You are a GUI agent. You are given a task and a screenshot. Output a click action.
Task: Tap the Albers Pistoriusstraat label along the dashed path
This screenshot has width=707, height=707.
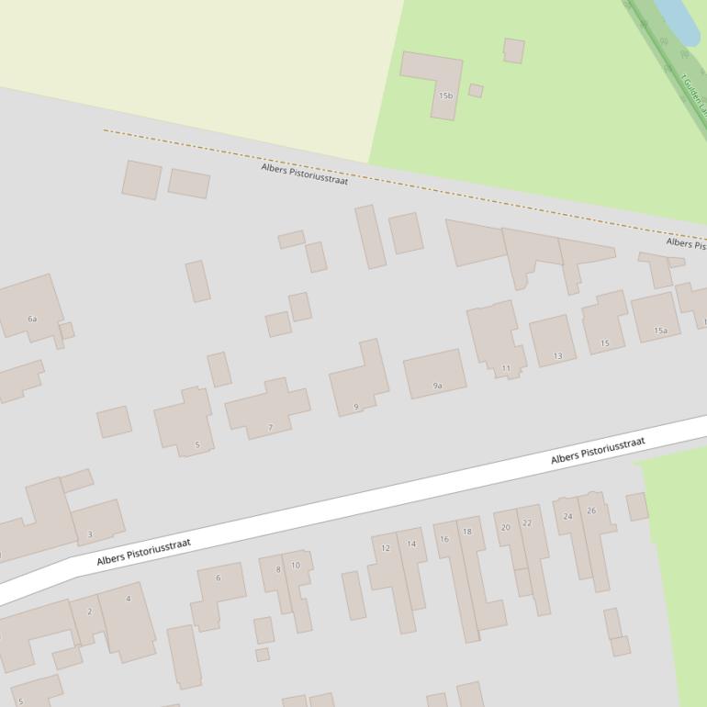305,174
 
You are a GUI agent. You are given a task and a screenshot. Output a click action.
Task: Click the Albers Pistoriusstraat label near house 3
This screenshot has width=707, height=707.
144,552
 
